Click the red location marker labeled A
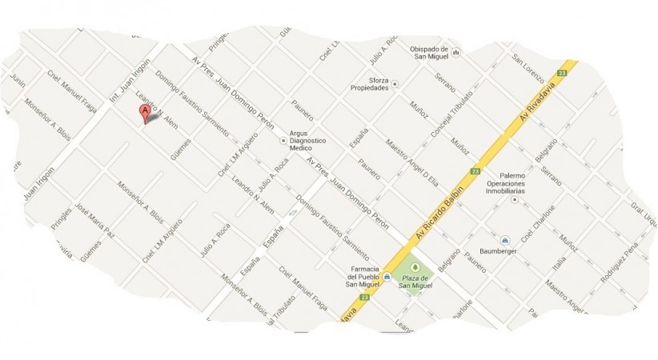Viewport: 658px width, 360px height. click(x=145, y=113)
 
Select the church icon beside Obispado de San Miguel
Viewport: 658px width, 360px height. click(x=455, y=53)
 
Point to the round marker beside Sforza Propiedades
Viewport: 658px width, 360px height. click(x=394, y=83)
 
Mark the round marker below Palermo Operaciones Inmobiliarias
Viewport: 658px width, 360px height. click(x=513, y=198)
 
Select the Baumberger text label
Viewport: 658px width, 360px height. click(x=506, y=253)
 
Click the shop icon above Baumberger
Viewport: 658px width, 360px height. click(x=505, y=240)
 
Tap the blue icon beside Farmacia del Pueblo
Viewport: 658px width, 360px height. click(x=387, y=277)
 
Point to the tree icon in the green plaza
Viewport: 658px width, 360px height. click(x=415, y=267)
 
